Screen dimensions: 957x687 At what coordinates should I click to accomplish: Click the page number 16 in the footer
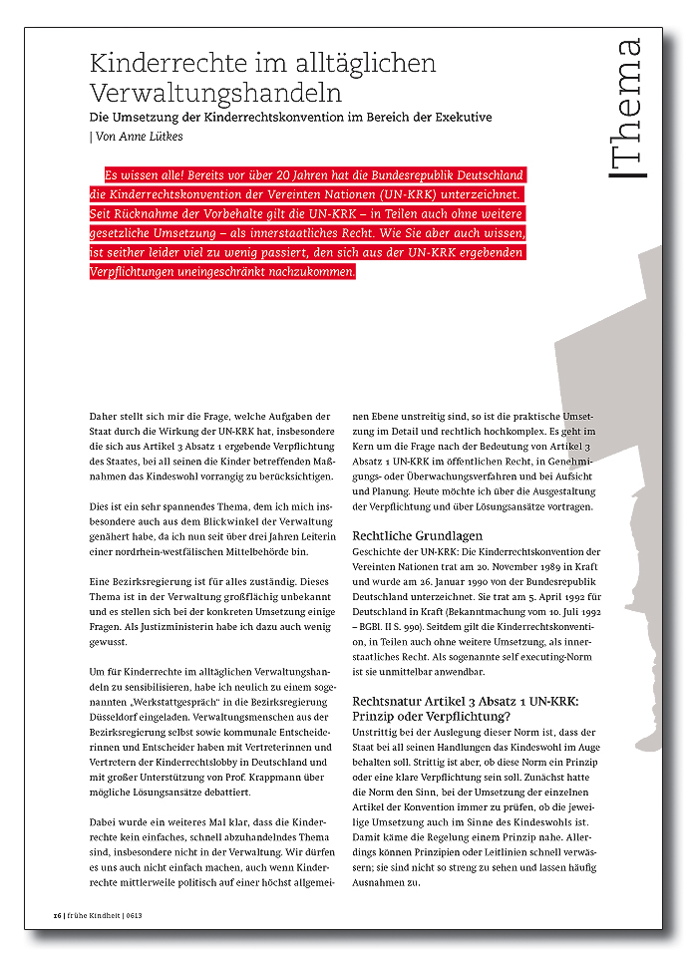[58, 916]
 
